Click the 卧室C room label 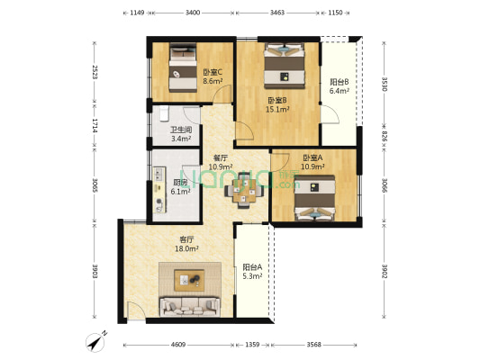(213, 73)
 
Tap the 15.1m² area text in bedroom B (277, 110)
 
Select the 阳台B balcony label (340, 82)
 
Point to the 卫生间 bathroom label (181, 130)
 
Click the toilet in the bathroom (165, 113)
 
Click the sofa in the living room (190, 307)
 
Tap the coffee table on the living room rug (189, 280)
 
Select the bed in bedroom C (183, 67)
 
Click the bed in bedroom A (314, 198)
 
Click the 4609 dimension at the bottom (178, 345)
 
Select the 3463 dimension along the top (277, 13)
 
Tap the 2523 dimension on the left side (95, 72)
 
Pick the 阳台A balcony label (252, 267)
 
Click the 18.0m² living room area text (186, 248)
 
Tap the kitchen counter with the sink (159, 190)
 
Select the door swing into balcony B (330, 113)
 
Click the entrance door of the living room (136, 311)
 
